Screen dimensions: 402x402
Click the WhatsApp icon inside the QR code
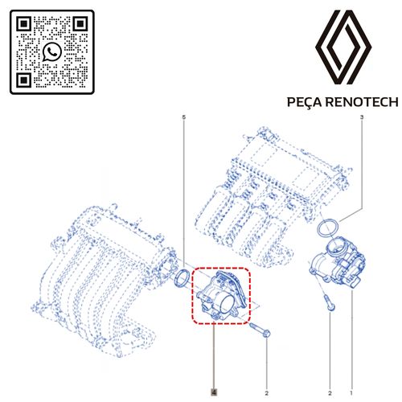coord(53,52)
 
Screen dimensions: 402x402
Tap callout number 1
coord(351,392)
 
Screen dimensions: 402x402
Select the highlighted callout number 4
coord(214,392)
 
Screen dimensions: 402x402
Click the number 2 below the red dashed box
coord(266,392)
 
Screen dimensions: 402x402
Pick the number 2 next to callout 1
coord(330,392)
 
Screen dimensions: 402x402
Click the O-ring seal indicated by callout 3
coord(328,229)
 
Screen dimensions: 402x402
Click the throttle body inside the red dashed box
coord(221,295)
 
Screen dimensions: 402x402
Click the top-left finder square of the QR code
coord(25,25)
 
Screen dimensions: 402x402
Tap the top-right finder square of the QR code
coord(80,25)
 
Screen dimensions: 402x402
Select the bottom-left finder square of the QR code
coord(25,80)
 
